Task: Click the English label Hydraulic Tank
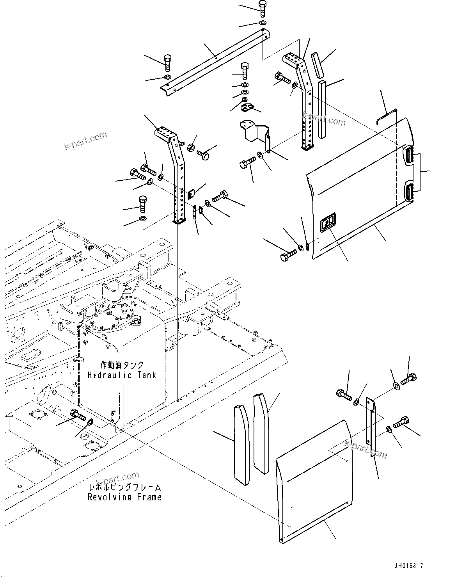[x=122, y=375]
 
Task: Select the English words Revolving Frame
[x=124, y=497]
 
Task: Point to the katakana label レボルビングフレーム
[x=124, y=487]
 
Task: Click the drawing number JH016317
[x=408, y=566]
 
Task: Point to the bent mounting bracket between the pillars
[x=256, y=133]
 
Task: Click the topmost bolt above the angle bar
[x=262, y=8]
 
